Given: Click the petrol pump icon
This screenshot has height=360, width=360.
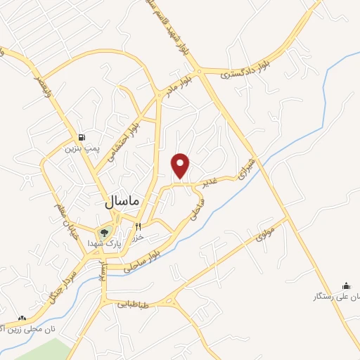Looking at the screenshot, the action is [x=84, y=137].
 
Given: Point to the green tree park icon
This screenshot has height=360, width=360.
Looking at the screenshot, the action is [x=105, y=232].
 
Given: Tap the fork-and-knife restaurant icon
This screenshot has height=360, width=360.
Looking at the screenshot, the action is [x=139, y=226].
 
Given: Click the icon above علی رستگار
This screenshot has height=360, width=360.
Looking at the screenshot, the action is [x=345, y=285].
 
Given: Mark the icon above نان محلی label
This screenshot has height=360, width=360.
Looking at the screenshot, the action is [x=22, y=318].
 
